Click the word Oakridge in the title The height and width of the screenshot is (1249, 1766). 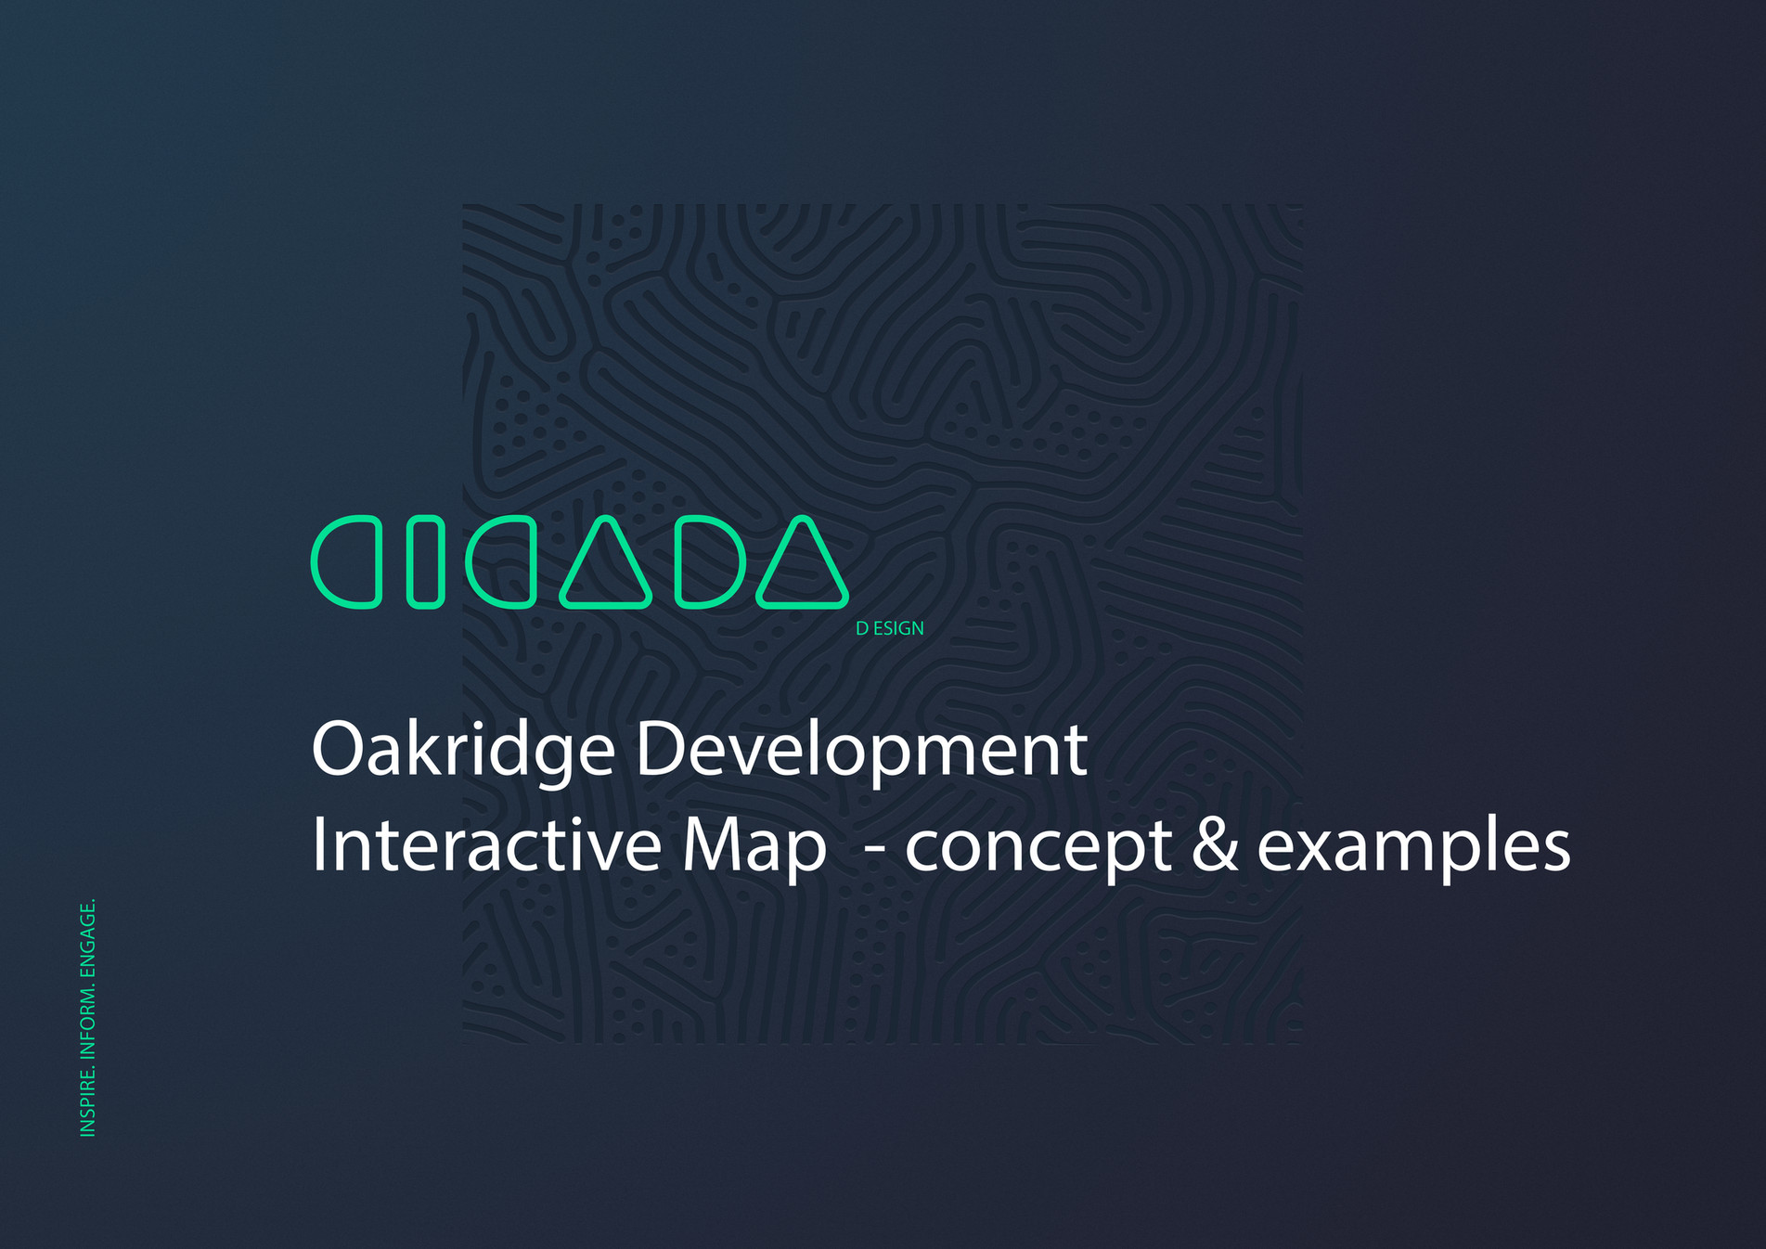[463, 750]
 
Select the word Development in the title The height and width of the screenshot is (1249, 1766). [861, 750]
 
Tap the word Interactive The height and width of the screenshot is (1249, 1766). [486, 845]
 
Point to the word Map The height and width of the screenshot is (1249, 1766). [754, 845]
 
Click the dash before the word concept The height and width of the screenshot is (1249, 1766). [874, 847]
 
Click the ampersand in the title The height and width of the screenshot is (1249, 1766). [1214, 845]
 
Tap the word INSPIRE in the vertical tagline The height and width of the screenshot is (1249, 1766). [88, 1101]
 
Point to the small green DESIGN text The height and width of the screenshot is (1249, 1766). [889, 628]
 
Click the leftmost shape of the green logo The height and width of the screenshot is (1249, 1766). [346, 562]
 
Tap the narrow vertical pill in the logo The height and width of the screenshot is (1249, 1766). [425, 562]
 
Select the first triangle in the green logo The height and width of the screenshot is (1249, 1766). [605, 566]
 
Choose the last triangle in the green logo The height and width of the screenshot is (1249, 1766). [802, 566]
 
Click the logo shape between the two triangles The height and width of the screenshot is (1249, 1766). [710, 562]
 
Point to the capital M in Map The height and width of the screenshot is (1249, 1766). [713, 844]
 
